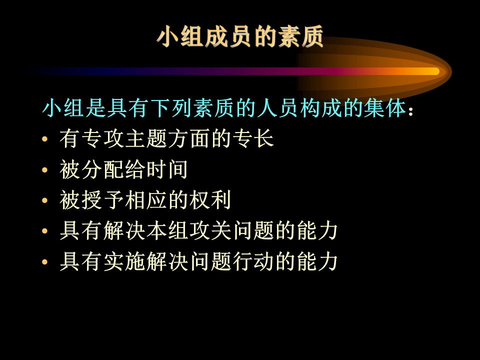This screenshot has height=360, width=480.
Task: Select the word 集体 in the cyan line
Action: pos(385,108)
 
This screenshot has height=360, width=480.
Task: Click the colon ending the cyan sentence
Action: pos(410,111)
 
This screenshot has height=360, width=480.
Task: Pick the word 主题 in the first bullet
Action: pos(145,138)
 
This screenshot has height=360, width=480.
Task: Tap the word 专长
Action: pos(253,138)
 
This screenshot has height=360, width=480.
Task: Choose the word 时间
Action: pos(167,169)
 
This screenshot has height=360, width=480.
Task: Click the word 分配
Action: pos(102,169)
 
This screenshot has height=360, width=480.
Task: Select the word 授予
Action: pos(102,200)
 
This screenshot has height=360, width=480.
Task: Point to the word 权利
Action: pos(209,200)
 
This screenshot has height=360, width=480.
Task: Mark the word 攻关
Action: pos(209,231)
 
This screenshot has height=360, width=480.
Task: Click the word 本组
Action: pos(167,231)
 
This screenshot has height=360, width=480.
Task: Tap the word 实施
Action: pos(124,261)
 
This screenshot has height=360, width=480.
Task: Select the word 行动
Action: pos(253,261)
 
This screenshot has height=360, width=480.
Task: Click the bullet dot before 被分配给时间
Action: pos(45,170)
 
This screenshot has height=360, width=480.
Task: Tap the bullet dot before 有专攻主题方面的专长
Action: pos(45,139)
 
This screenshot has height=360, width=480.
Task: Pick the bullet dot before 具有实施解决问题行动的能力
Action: pos(45,262)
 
